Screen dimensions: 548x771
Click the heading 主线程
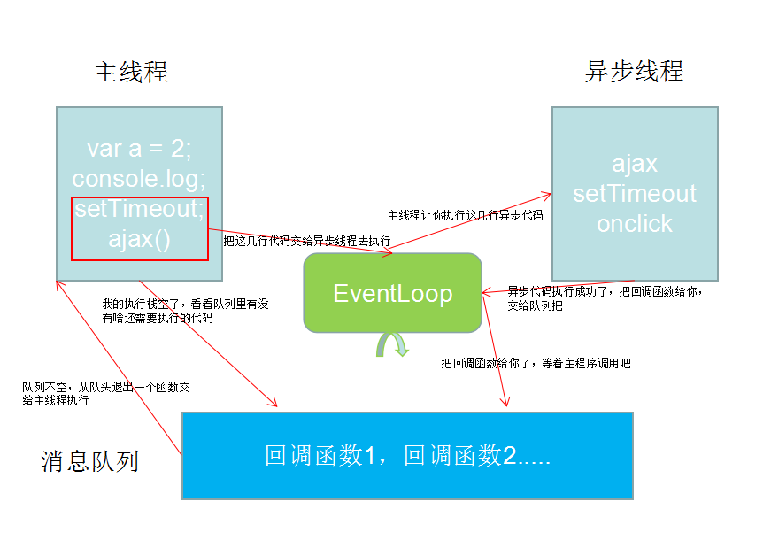click(x=130, y=72)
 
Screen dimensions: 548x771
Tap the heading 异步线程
click(x=634, y=72)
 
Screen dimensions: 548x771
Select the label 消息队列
click(x=89, y=461)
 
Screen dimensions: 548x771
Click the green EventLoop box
click(x=392, y=293)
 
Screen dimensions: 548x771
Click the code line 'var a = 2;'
click(x=139, y=149)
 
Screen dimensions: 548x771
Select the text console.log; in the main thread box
click(x=139, y=179)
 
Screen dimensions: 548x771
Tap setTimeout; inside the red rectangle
click(x=139, y=209)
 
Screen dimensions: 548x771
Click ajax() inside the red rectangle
click(x=139, y=239)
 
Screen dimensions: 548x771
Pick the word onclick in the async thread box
click(x=635, y=224)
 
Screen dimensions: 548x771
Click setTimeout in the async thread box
click(x=635, y=194)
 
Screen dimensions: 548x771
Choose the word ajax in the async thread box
click(x=635, y=164)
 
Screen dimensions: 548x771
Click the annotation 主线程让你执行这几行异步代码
click(x=464, y=215)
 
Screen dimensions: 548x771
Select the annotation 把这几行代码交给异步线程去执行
click(x=306, y=240)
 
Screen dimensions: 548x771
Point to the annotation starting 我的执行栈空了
click(x=185, y=311)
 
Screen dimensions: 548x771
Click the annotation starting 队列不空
click(x=105, y=393)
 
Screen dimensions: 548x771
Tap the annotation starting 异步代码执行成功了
click(x=605, y=297)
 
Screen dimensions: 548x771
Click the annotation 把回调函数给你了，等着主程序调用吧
click(x=536, y=363)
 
